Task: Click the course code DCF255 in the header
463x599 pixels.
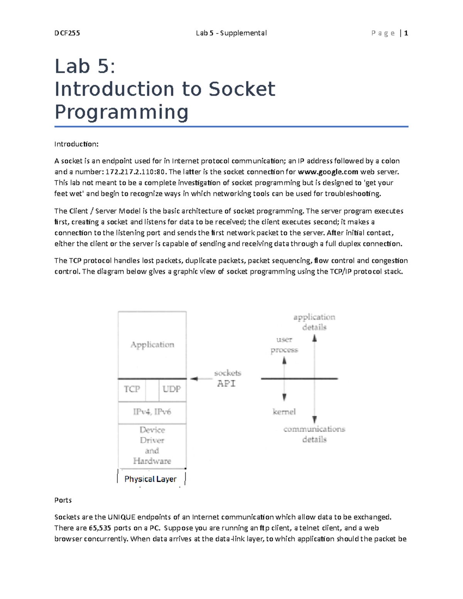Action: click(x=67, y=33)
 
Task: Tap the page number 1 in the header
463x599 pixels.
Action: click(x=406, y=33)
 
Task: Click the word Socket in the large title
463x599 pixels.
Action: click(x=242, y=89)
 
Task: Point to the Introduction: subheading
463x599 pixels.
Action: click(x=76, y=144)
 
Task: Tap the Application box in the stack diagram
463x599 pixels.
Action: click(x=152, y=345)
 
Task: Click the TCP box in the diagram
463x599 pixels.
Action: click(x=132, y=390)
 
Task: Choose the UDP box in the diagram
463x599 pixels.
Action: click(x=172, y=390)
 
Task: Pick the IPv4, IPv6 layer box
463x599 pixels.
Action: click(x=152, y=412)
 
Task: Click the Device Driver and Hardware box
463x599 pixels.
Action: click(x=152, y=445)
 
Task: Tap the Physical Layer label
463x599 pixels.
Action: click(x=150, y=479)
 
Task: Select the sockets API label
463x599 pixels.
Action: click(x=227, y=378)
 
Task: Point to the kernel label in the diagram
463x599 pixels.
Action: click(x=284, y=412)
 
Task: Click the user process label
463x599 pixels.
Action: click(x=284, y=345)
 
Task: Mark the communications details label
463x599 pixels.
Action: click(x=314, y=434)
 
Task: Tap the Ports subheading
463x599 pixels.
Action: click(x=63, y=500)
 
